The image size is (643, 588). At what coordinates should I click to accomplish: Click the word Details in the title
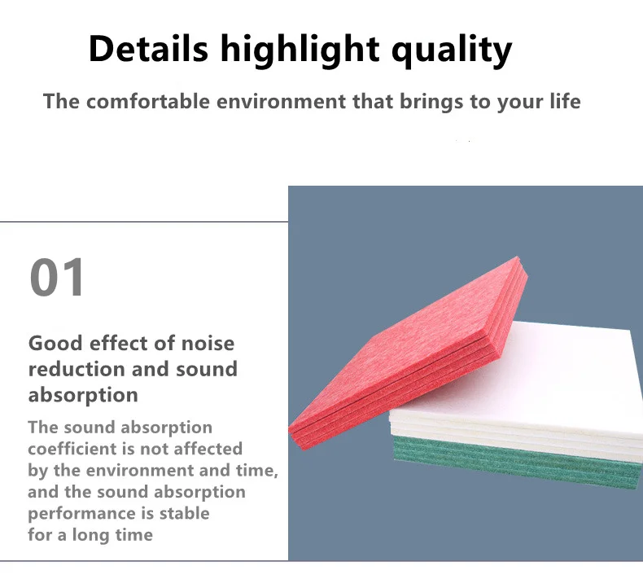coord(148,48)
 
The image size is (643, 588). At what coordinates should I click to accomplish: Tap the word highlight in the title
coord(300,50)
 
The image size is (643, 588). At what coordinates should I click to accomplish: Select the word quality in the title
coord(452,50)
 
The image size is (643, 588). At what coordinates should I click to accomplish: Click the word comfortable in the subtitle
coord(148,101)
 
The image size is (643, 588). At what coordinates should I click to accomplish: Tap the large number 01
coord(57,277)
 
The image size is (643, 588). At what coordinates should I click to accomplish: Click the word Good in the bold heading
coord(56,343)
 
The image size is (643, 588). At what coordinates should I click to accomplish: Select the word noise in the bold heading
coord(208,343)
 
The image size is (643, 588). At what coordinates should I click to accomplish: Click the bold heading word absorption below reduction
coord(83,396)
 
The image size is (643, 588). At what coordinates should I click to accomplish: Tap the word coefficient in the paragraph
coord(72,449)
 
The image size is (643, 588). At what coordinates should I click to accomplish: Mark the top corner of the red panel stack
coord(518,257)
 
